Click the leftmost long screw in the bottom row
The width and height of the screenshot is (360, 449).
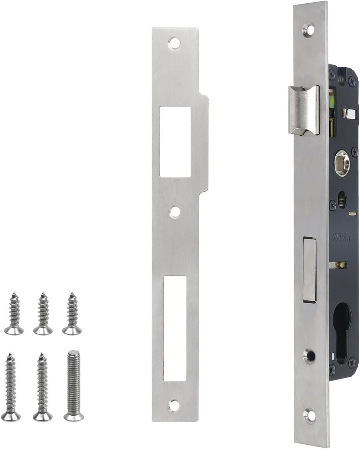[11, 387]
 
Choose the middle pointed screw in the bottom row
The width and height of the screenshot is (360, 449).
[42, 387]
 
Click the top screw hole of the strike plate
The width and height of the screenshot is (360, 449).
[174, 43]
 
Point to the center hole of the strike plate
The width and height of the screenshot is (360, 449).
[175, 212]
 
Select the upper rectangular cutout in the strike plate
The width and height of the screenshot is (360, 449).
[175, 141]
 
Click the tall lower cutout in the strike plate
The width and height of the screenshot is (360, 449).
[175, 328]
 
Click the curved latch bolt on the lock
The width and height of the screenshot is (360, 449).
[303, 110]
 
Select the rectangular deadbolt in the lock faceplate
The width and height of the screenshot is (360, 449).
[309, 269]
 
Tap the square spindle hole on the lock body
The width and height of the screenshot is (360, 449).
[342, 163]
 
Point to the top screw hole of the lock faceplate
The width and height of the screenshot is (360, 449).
[308, 30]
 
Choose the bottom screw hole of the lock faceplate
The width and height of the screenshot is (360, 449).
[309, 415]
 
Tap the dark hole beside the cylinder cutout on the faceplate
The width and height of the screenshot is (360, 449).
[309, 355]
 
